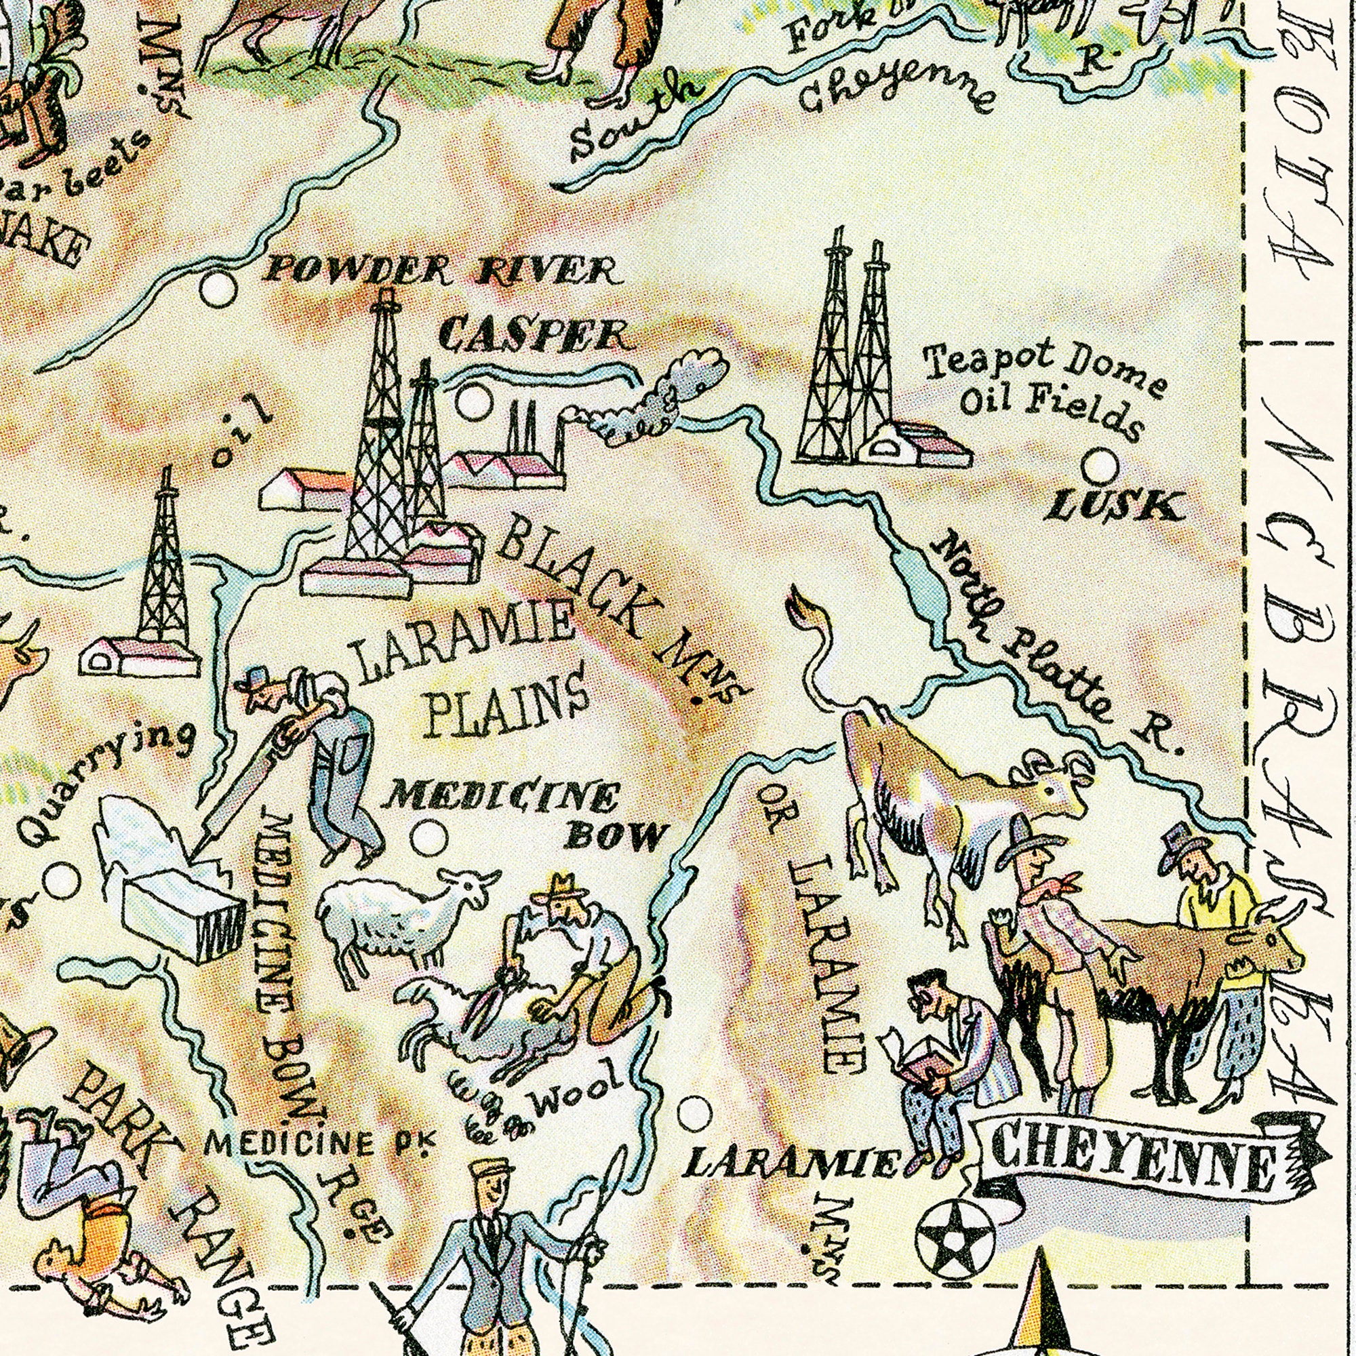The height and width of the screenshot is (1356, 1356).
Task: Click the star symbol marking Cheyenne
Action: pyautogui.click(x=955, y=1236)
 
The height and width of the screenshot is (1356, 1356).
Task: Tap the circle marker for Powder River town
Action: pyautogui.click(x=217, y=288)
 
